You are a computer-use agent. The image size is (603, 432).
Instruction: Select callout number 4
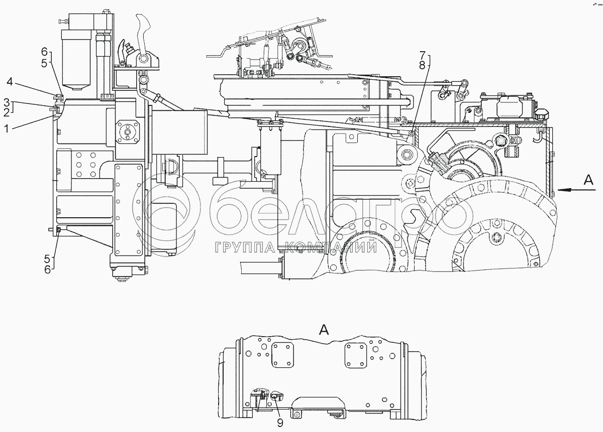(10, 80)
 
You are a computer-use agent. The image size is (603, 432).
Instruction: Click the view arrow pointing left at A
(568, 190)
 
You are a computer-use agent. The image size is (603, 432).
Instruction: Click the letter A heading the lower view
(324, 330)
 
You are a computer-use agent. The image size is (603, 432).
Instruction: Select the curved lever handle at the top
(144, 28)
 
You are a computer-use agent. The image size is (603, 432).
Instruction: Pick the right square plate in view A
(356, 355)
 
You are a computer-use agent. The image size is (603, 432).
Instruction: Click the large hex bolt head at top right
(540, 115)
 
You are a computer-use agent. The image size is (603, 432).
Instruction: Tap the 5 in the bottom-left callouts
(48, 259)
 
